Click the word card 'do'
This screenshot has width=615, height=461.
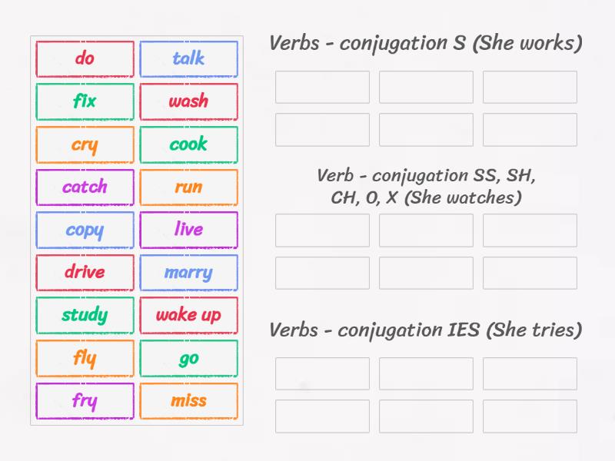85,58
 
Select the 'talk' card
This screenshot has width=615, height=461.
188,58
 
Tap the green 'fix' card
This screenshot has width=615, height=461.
85,101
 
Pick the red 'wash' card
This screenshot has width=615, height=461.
188,101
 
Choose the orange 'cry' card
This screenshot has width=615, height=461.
85,144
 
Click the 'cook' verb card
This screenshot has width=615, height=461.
188,144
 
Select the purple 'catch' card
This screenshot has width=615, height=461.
85,187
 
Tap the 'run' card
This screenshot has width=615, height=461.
188,187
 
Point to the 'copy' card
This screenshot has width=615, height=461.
85,230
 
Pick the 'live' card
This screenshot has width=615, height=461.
188,230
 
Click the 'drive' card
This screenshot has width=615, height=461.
85,272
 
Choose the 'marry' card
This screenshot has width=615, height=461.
188,272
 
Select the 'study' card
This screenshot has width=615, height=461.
85,315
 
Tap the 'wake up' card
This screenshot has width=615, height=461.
188,315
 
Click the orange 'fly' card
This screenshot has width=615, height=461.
85,358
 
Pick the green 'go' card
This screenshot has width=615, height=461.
188,358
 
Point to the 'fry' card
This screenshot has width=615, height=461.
85,400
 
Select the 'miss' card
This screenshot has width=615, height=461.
188,400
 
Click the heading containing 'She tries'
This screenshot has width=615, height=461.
425,330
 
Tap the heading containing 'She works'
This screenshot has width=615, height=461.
425,44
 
